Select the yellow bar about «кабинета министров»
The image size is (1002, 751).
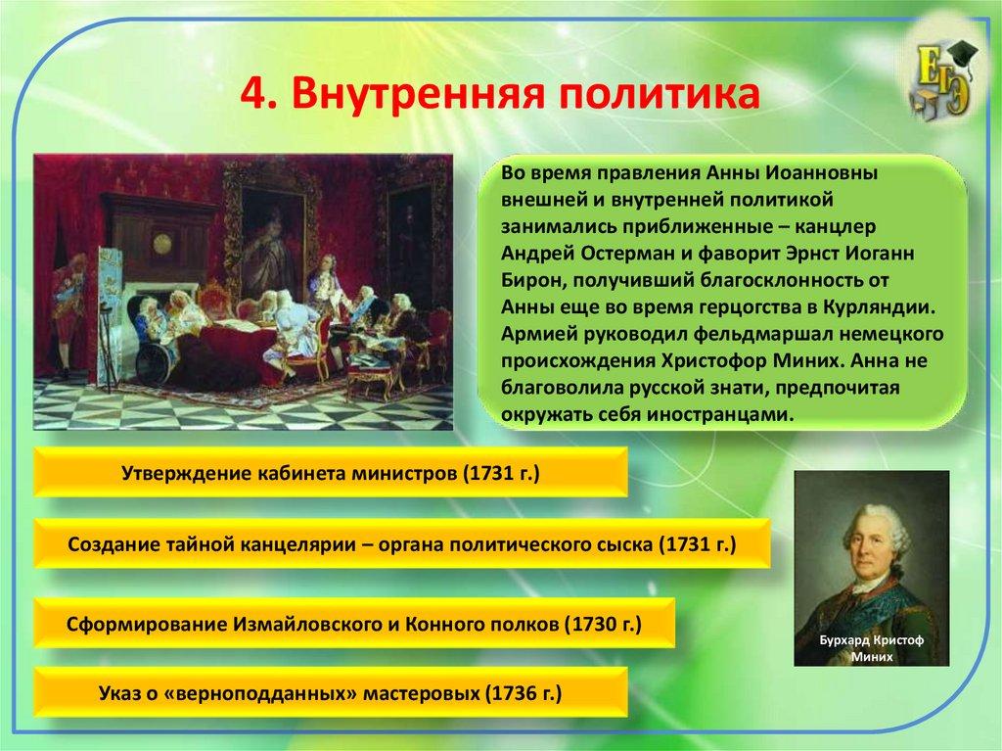(x=331, y=473)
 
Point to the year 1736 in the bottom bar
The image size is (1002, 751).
(x=513, y=693)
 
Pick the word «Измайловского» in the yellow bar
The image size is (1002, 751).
(x=306, y=624)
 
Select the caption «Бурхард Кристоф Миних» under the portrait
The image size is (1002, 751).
(x=872, y=647)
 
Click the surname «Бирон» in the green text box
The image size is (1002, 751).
(x=529, y=281)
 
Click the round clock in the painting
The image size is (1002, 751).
(x=162, y=243)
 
